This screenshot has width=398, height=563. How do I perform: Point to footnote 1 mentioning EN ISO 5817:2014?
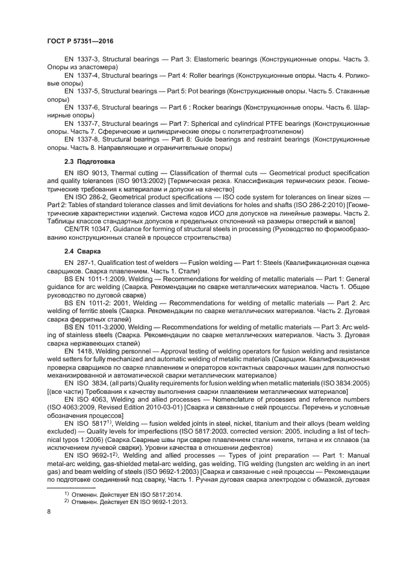[x=125, y=493]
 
